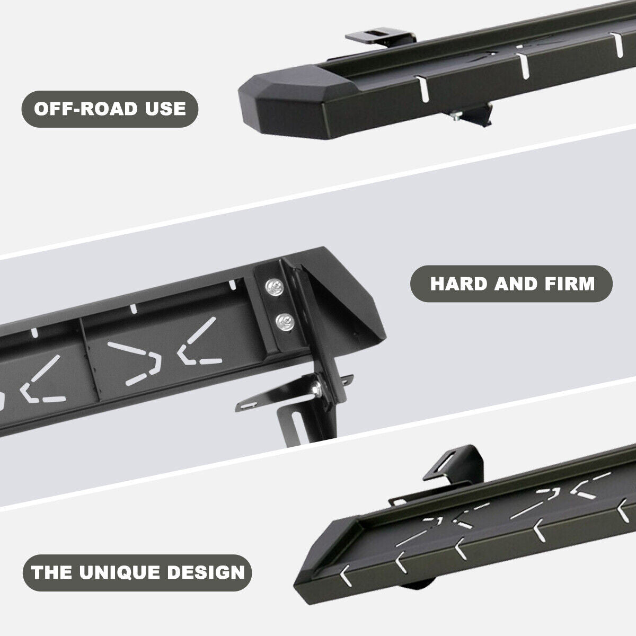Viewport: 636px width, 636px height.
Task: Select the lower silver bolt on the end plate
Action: [282, 320]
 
